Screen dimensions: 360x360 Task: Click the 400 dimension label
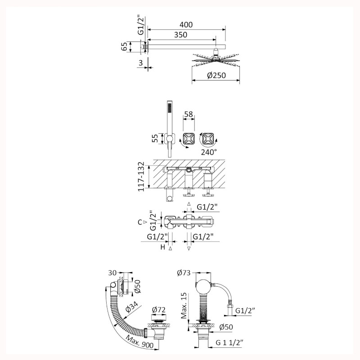tap(186, 25)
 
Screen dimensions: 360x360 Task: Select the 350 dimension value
tap(180, 35)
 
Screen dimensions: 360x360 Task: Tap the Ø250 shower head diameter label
tap(216, 75)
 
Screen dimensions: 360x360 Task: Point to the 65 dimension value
tap(124, 47)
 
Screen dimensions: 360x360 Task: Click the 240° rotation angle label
tap(209, 152)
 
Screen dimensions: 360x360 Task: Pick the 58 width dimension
tap(189, 114)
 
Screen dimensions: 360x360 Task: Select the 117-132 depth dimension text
tap(141, 176)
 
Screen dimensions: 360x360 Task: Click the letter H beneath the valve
tap(162, 247)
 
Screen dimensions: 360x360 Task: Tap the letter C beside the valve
tap(140, 222)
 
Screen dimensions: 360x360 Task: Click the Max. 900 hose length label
tap(140, 341)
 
